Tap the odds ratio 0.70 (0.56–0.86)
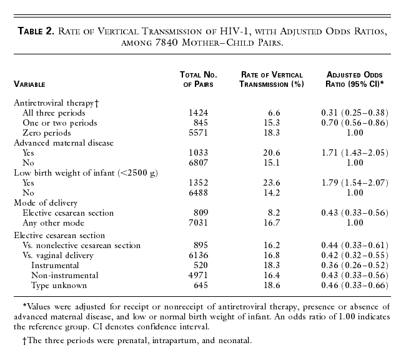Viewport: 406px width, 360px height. (x=357, y=122)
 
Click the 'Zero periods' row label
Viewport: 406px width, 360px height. (x=46, y=133)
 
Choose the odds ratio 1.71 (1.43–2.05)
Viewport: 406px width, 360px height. (x=357, y=153)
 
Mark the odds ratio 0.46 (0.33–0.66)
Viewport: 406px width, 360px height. (x=357, y=286)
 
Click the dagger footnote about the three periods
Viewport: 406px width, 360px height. (x=137, y=340)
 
